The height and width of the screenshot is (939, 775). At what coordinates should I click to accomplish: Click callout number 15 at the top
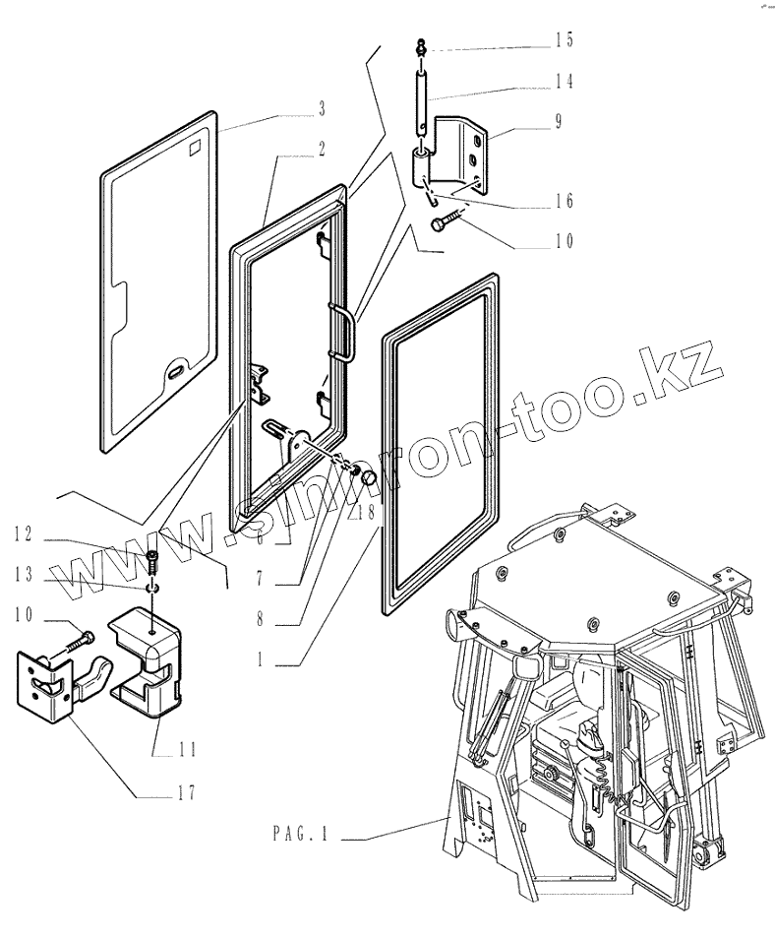tap(563, 40)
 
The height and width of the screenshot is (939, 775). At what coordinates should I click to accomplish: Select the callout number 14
tap(563, 81)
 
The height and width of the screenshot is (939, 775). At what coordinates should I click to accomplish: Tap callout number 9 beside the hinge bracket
tap(557, 122)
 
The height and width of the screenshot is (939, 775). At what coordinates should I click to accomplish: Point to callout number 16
tap(563, 202)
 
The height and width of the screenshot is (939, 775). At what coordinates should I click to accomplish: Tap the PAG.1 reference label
tap(300, 835)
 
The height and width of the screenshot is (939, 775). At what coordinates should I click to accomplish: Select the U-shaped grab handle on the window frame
tap(343, 332)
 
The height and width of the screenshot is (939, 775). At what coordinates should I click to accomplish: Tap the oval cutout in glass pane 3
tap(178, 371)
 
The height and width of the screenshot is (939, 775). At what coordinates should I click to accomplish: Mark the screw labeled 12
tap(152, 562)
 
